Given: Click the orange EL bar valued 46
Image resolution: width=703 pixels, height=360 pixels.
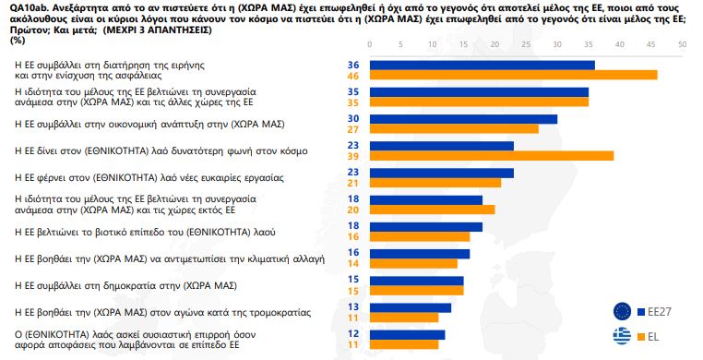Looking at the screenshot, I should tap(513, 75).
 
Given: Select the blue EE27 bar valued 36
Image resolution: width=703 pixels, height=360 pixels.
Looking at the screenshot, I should tap(482, 65).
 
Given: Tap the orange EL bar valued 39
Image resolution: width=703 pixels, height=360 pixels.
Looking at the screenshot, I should tap(491, 155).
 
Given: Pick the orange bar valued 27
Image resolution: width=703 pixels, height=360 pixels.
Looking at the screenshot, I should tap(454, 128).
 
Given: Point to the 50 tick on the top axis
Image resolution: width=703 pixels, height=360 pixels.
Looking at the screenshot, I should tap(682, 43).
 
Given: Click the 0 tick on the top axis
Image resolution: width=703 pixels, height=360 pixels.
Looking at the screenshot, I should tap(369, 43).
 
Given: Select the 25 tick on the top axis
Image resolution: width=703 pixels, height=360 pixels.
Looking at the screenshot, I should tap(526, 43).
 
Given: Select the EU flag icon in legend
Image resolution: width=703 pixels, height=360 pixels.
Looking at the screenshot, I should tap(622, 311).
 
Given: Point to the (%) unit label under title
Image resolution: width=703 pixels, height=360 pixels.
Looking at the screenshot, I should tap(17, 41).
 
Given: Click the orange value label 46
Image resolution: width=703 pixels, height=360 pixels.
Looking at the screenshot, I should tap(351, 75).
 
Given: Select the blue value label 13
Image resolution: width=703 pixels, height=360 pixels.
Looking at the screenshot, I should tap(351, 307).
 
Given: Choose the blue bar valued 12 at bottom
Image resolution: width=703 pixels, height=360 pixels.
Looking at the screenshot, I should tap(407, 334).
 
